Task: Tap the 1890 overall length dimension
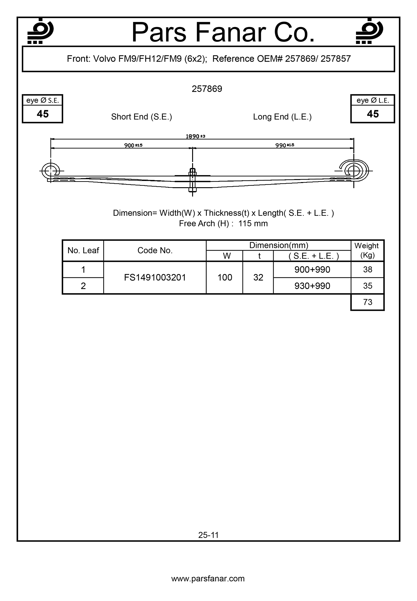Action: coord(195,136)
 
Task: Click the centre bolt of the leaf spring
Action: coord(192,180)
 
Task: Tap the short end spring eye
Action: coord(51,171)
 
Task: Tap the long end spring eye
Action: coord(354,171)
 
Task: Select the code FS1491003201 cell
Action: coord(155,277)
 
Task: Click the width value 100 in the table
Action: coord(225,277)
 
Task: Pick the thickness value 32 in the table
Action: coord(258,277)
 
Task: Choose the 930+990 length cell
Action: coord(312,286)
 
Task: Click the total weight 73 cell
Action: coord(367,302)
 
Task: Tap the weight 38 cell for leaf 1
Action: coord(367,270)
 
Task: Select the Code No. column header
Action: coord(155,251)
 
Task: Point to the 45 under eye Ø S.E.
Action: coord(43,114)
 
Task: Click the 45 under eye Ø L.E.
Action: coord(373,114)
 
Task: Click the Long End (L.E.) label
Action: coord(282,117)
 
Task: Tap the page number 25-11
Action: coord(208,535)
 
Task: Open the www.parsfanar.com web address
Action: coord(208,578)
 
